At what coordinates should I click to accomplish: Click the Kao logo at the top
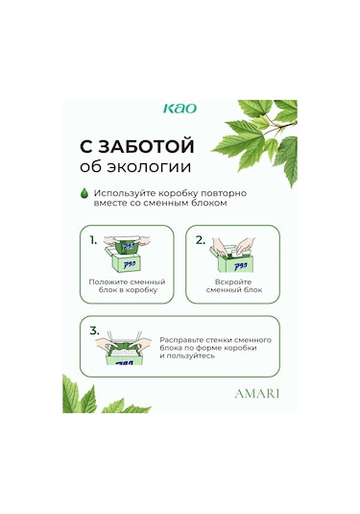[180, 109]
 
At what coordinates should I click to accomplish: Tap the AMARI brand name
[257, 393]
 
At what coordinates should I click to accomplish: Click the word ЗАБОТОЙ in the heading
[146, 147]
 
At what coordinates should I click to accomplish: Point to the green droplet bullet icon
[84, 193]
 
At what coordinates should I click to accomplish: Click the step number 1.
[93, 240]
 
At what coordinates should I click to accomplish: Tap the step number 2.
[200, 240]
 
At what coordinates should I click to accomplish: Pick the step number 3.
[94, 330]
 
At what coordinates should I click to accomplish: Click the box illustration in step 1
[127, 255]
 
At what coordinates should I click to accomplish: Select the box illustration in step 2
[232, 255]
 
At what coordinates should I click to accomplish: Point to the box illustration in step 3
[124, 348]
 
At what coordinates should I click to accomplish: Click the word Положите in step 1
[108, 281]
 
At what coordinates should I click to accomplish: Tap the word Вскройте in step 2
[233, 281]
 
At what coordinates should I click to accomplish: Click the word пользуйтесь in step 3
[191, 355]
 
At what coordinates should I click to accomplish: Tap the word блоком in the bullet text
[212, 203]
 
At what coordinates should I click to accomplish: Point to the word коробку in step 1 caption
[141, 290]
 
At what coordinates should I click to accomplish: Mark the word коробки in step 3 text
[241, 348]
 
